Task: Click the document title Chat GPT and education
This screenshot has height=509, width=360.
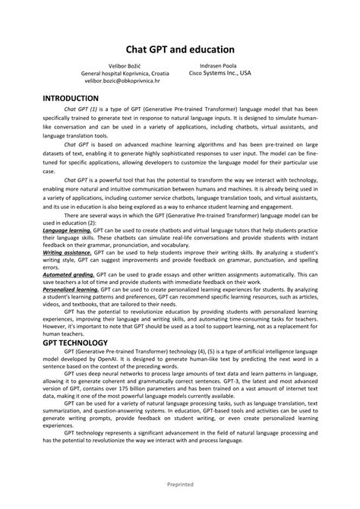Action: click(179, 48)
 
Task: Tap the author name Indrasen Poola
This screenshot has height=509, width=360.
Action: click(219, 66)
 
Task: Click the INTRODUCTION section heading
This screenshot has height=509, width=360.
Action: click(71, 99)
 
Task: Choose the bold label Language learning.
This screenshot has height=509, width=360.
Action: click(67, 229)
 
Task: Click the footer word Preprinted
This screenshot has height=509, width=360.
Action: click(180, 483)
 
